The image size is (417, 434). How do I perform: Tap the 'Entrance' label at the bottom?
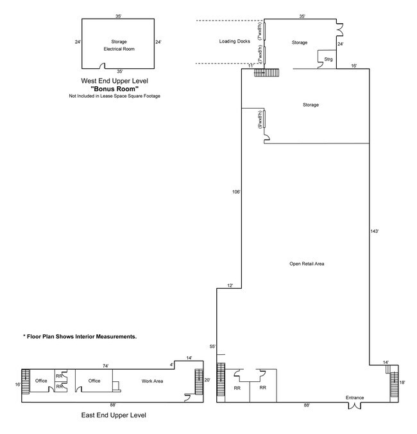click(355, 397)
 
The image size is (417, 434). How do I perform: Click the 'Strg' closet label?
click(328, 60)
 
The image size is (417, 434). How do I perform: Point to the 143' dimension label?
click(375, 230)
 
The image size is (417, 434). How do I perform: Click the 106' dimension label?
click(236, 191)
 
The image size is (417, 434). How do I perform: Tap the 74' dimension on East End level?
click(105, 365)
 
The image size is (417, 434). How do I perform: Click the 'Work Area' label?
click(153, 381)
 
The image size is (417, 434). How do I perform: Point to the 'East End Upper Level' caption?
click(113, 415)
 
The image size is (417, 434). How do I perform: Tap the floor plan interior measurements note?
click(80, 336)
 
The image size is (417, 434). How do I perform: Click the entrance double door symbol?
click(355, 406)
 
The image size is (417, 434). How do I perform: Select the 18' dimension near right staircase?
click(402, 382)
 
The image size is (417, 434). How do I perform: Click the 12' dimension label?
click(230, 285)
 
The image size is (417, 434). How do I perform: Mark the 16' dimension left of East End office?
click(18, 384)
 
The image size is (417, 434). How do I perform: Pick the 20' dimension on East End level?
click(207, 380)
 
